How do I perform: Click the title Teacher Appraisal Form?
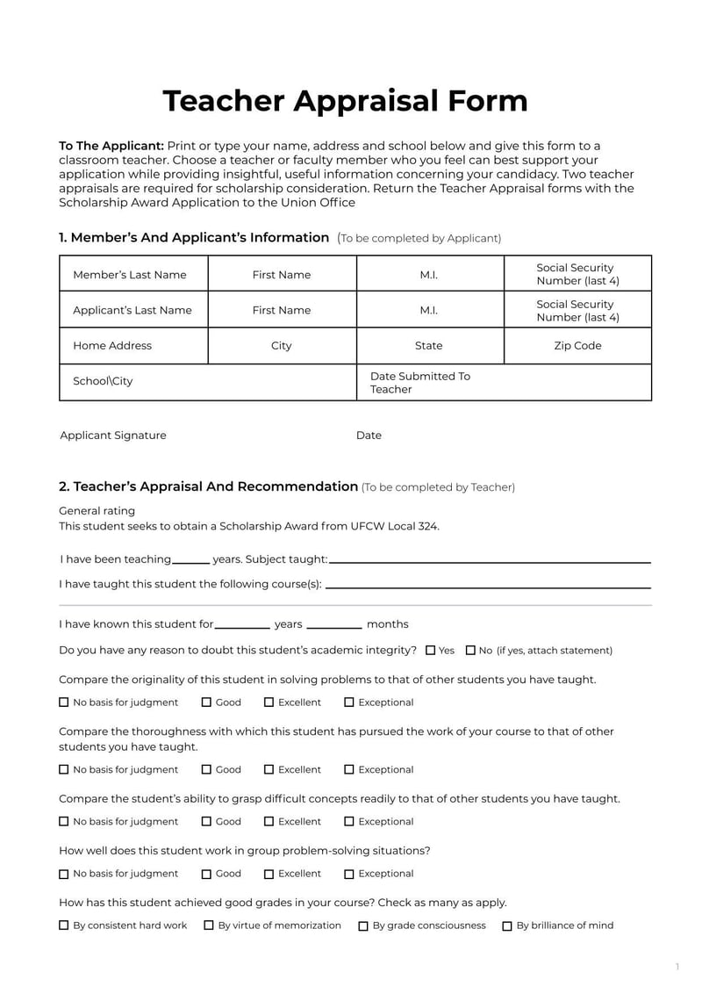[x=345, y=101]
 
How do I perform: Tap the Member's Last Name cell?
[x=133, y=274]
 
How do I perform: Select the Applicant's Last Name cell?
[x=133, y=310]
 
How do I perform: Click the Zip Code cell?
[x=577, y=346]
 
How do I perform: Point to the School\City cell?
[x=208, y=382]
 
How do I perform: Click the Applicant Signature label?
[x=112, y=436]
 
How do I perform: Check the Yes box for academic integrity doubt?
[x=431, y=651]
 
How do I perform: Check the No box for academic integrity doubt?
[x=471, y=651]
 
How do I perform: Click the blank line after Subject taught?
[x=490, y=560]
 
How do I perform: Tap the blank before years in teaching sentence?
[x=191, y=560]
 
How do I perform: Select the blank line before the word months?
[x=334, y=626]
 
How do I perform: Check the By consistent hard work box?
[x=64, y=926]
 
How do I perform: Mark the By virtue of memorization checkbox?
[x=209, y=926]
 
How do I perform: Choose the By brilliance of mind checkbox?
[x=507, y=926]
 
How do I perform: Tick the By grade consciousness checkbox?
[x=363, y=926]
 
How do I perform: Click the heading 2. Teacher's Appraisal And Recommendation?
[x=208, y=486]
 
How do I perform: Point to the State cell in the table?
[x=429, y=346]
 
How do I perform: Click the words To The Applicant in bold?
[x=111, y=146]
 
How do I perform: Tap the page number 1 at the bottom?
[x=677, y=967]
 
